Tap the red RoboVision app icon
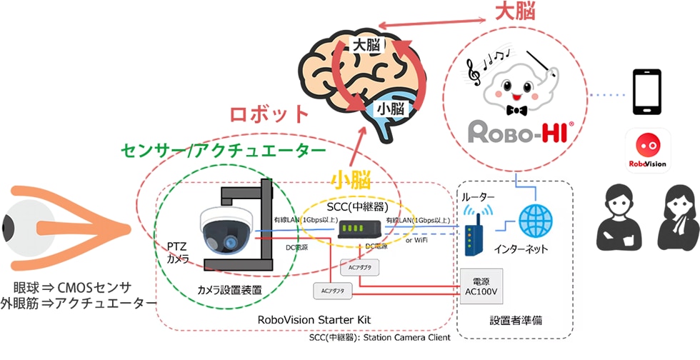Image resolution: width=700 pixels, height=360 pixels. pyautogui.click(x=648, y=151)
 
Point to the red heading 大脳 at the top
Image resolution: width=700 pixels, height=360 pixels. pyautogui.click(x=515, y=12)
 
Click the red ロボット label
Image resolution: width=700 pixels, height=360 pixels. pyautogui.click(x=269, y=114)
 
